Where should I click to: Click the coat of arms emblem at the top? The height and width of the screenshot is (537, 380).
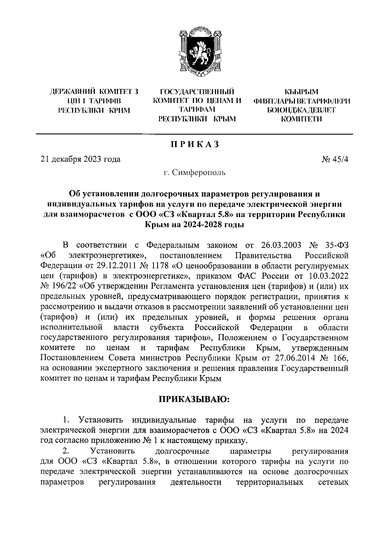click(199, 54)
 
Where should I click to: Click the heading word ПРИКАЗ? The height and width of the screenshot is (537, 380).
click(195, 144)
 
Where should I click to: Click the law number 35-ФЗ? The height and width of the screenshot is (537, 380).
click(337, 245)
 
